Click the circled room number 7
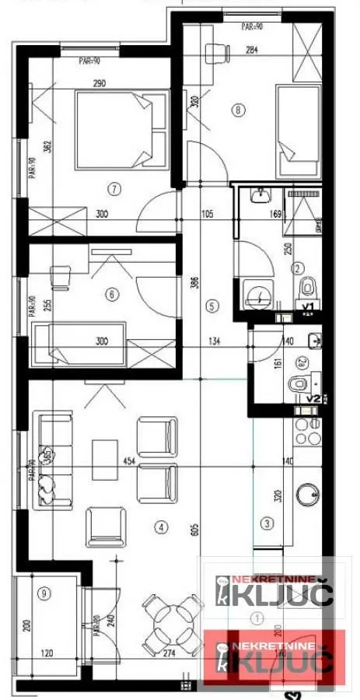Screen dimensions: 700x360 click(114, 187)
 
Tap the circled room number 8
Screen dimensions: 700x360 click(237, 110)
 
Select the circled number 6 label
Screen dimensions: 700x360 click(113, 294)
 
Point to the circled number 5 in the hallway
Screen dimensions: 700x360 click(212, 306)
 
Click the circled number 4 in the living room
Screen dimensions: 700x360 click(161, 527)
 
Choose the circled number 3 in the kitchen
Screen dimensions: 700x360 click(267, 523)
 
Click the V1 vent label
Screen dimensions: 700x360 click(308, 307)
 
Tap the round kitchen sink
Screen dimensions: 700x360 click(309, 492)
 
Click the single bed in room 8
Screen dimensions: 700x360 click(299, 131)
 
